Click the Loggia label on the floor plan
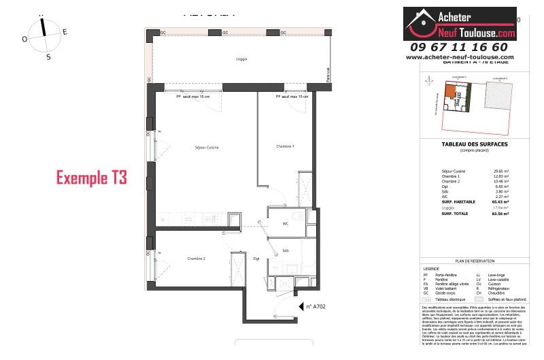(241, 59)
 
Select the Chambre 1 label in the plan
(285, 146)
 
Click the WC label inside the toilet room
(286, 223)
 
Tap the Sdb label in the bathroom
(285, 250)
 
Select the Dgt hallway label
(256, 259)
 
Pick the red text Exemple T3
(91, 178)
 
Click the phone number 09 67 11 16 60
(459, 47)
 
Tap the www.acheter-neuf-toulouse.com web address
(460, 57)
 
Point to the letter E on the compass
(65, 31)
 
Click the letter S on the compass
(48, 57)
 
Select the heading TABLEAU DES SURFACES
(465, 144)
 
